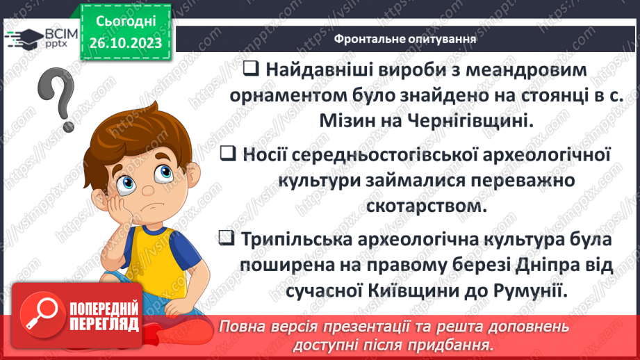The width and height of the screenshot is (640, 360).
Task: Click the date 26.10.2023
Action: tap(125, 43)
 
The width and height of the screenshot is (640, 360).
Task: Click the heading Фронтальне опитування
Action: tap(405, 38)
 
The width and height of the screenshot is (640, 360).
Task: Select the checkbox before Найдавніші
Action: tap(252, 69)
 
